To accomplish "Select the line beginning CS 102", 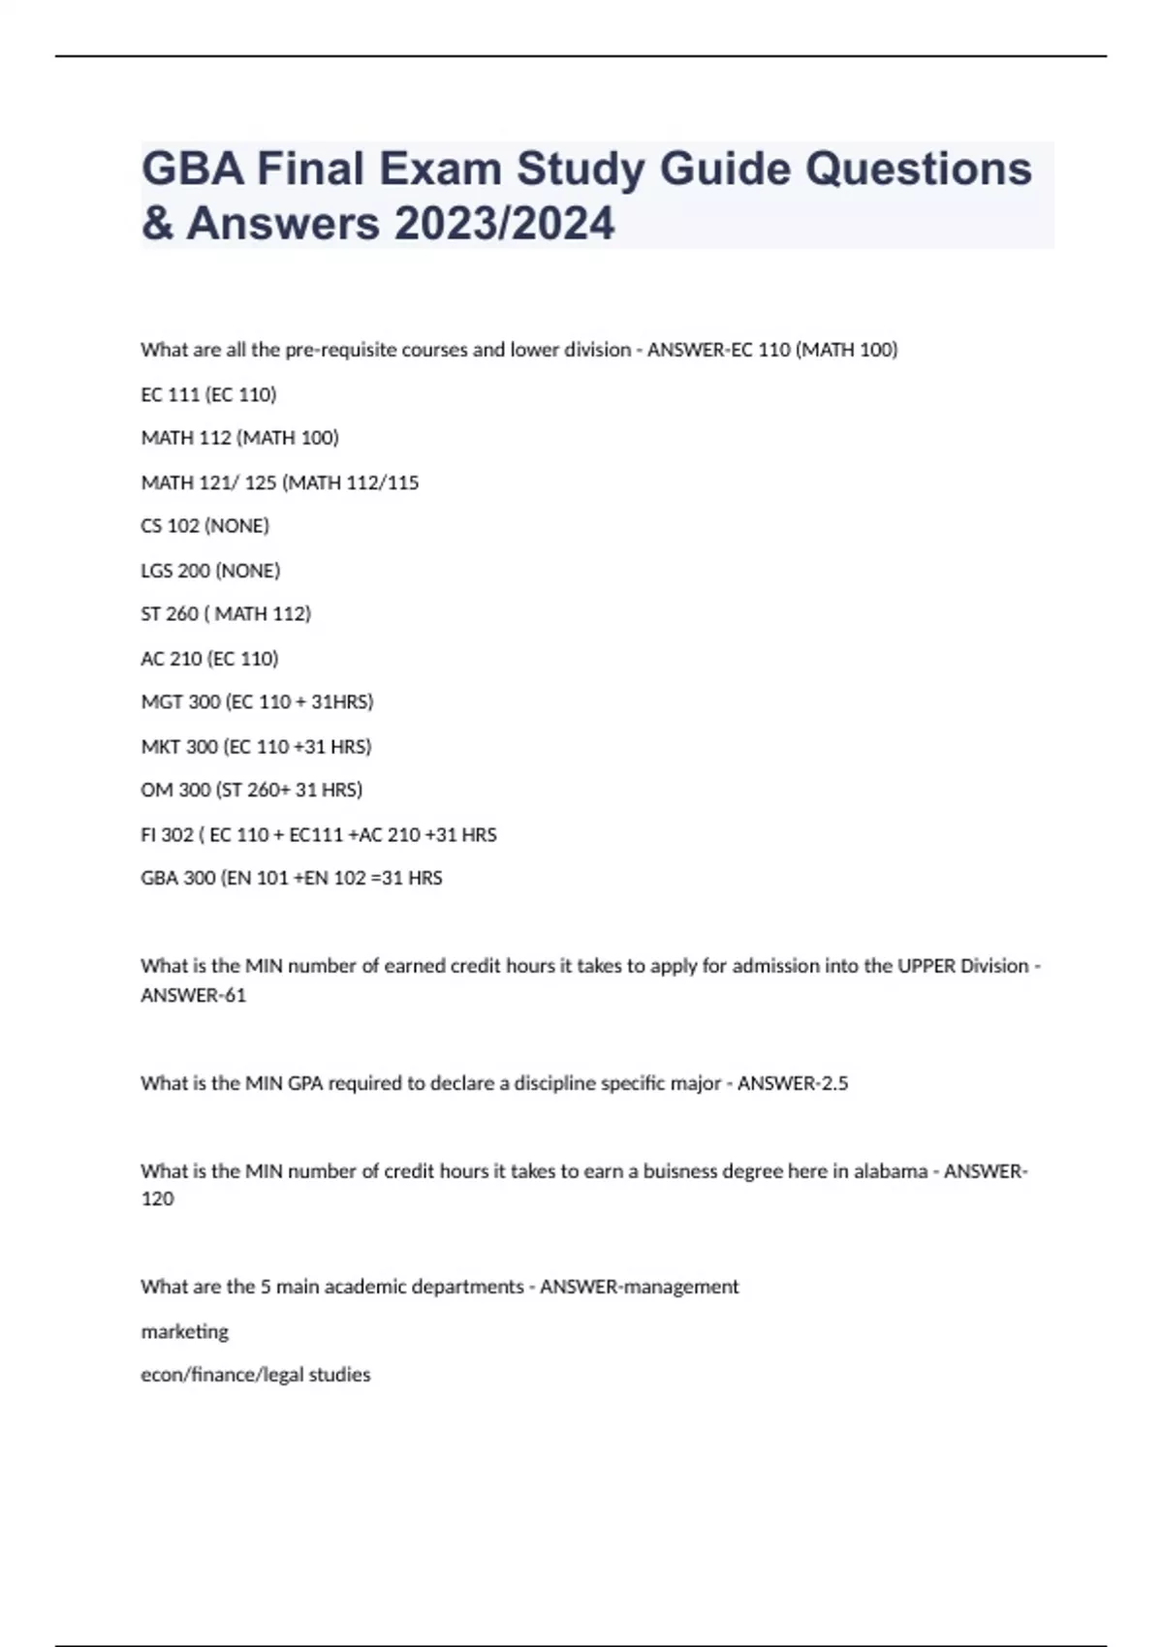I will [204, 526].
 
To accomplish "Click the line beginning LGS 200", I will [210, 571].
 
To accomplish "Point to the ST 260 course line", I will [226, 614].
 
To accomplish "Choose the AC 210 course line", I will [209, 659].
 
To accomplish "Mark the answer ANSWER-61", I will [193, 996].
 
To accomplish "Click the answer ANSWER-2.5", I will [792, 1084].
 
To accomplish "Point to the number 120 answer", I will [157, 1199].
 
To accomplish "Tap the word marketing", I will [184, 1332].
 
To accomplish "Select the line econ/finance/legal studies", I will [255, 1375].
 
